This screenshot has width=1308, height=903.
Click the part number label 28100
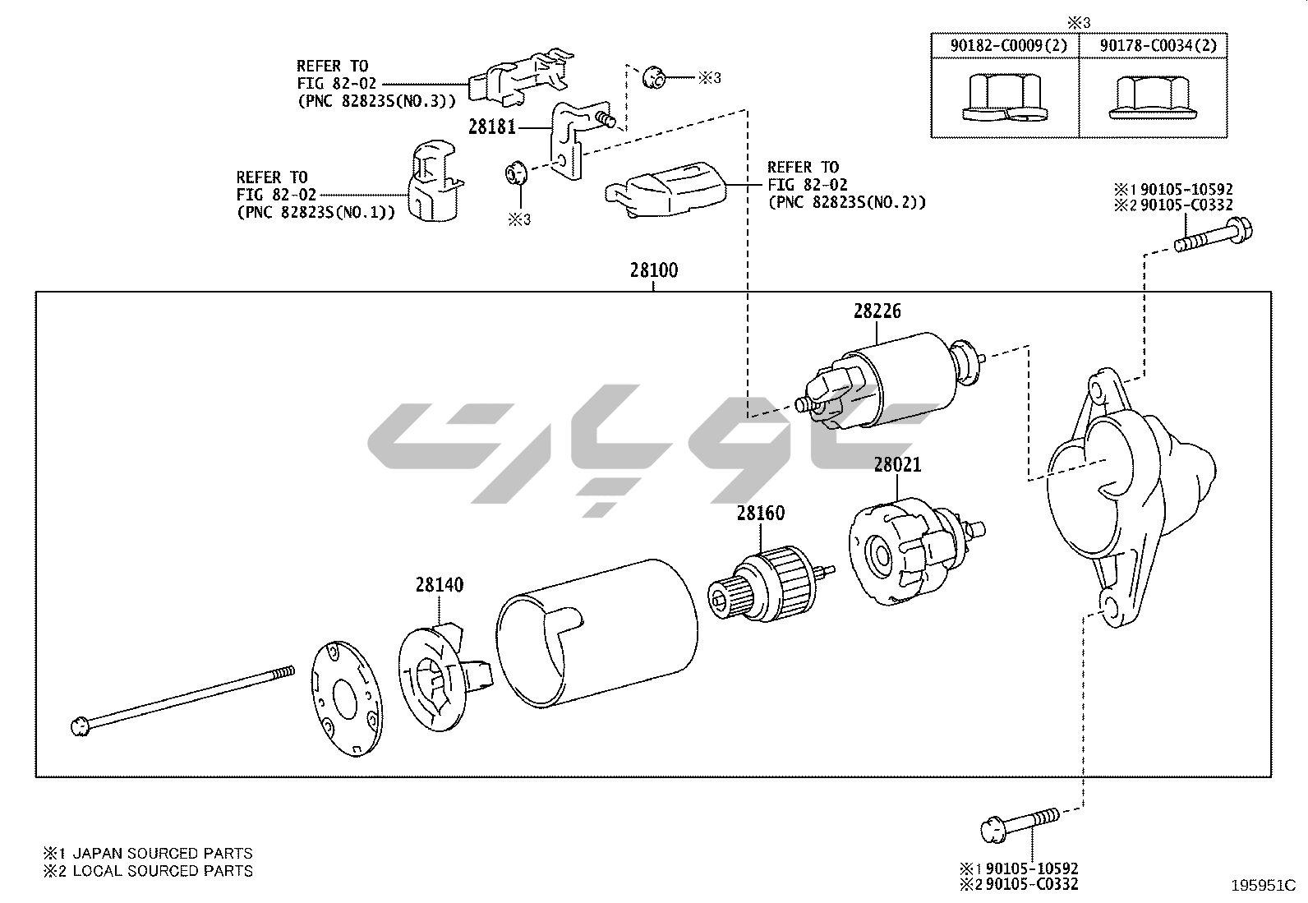pyautogui.click(x=654, y=270)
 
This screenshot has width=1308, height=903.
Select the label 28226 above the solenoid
pyautogui.click(x=877, y=311)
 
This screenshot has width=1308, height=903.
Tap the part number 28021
pyautogui.click(x=897, y=465)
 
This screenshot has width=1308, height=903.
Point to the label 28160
pyautogui.click(x=760, y=514)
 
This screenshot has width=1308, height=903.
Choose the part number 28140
pyautogui.click(x=439, y=585)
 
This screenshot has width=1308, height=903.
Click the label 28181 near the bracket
pyautogui.click(x=492, y=127)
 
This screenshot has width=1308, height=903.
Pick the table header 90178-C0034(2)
pyautogui.click(x=1158, y=46)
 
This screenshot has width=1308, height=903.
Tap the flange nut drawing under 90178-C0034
pyautogui.click(x=1150, y=98)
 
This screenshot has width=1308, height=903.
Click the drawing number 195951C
pyautogui.click(x=1262, y=886)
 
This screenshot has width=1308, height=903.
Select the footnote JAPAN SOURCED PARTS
pyautogui.click(x=163, y=853)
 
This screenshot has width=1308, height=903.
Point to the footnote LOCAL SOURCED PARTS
pyautogui.click(x=163, y=871)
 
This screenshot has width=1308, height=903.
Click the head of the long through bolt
pyautogui.click(x=80, y=726)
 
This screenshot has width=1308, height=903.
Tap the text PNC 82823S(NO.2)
pyautogui.click(x=846, y=202)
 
